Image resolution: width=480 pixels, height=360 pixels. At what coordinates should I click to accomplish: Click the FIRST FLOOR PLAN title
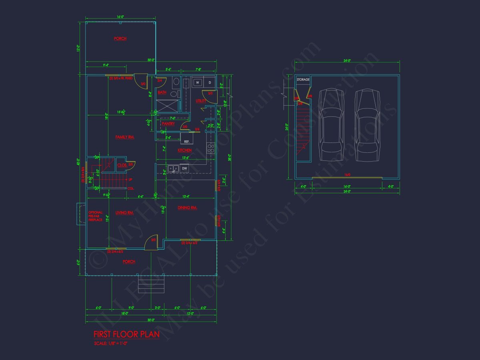126,334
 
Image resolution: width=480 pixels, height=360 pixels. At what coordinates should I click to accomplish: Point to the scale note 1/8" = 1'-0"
111,343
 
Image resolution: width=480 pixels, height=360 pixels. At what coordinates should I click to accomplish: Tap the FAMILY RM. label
125,137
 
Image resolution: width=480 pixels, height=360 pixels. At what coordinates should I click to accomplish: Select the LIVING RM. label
124,213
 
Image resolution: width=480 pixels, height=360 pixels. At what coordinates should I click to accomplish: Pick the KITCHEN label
184,150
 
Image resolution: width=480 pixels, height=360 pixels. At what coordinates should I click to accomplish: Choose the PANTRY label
168,124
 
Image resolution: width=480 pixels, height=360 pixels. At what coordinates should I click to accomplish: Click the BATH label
162,92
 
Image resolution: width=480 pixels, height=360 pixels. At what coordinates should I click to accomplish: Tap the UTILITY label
201,101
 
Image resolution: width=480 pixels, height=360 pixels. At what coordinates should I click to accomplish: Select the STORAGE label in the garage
303,80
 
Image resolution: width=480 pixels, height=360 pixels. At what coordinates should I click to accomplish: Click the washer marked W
198,83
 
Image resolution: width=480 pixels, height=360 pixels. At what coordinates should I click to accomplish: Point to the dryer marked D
210,83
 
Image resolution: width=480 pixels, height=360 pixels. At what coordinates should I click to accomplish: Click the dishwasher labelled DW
184,169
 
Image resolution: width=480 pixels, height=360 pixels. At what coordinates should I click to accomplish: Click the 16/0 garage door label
347,175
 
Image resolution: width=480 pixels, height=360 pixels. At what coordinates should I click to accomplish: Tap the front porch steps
152,284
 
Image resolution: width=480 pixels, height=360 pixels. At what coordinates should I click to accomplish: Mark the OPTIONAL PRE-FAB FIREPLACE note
96,216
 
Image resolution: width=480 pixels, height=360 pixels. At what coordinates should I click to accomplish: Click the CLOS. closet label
122,165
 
